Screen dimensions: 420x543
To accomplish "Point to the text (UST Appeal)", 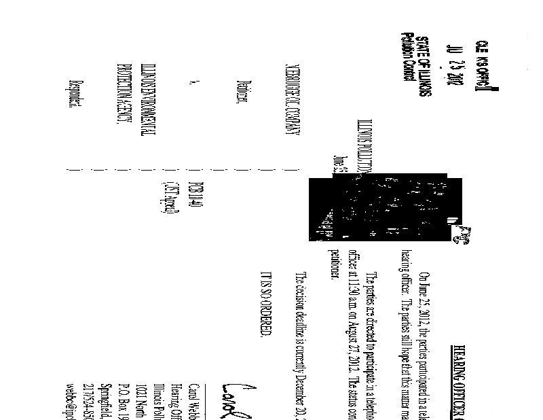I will pos(168,196).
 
